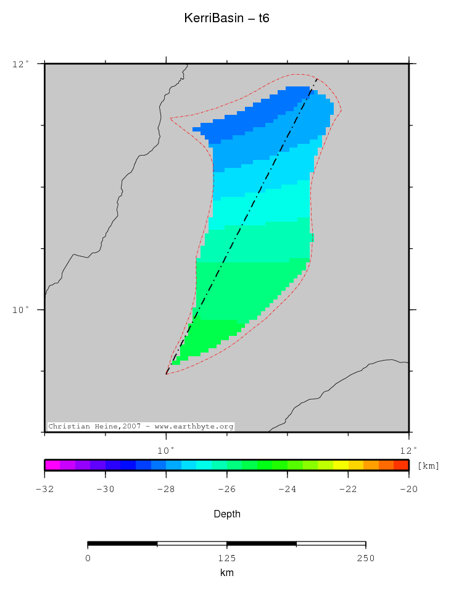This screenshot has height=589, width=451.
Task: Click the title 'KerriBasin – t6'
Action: [x=226, y=19]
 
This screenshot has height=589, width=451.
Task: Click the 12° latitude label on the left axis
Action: [x=20, y=63]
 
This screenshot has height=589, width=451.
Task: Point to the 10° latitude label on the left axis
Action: [x=20, y=309]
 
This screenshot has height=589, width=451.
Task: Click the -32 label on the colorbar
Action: [x=44, y=489]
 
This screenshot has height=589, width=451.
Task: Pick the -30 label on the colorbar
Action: [x=106, y=489]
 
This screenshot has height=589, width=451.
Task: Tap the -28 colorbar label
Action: [x=166, y=489]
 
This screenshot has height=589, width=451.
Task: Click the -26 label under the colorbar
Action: [x=226, y=489]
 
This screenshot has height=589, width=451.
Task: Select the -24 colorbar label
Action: [x=288, y=489]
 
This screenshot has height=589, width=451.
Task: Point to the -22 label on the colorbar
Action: [x=348, y=489]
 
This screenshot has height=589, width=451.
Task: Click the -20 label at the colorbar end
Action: [x=409, y=489]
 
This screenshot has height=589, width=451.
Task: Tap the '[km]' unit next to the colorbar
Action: [x=428, y=466]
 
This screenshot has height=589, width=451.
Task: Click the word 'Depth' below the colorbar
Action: [x=226, y=514]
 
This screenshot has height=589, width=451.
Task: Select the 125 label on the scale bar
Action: [x=226, y=558]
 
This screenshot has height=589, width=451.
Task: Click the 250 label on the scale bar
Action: [x=365, y=558]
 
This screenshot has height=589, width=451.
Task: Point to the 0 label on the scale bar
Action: [x=88, y=558]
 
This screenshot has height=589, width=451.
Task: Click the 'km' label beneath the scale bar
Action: [x=226, y=573]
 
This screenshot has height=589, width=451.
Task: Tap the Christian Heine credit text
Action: [x=141, y=426]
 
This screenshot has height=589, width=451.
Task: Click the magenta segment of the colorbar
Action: [x=52, y=465]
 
